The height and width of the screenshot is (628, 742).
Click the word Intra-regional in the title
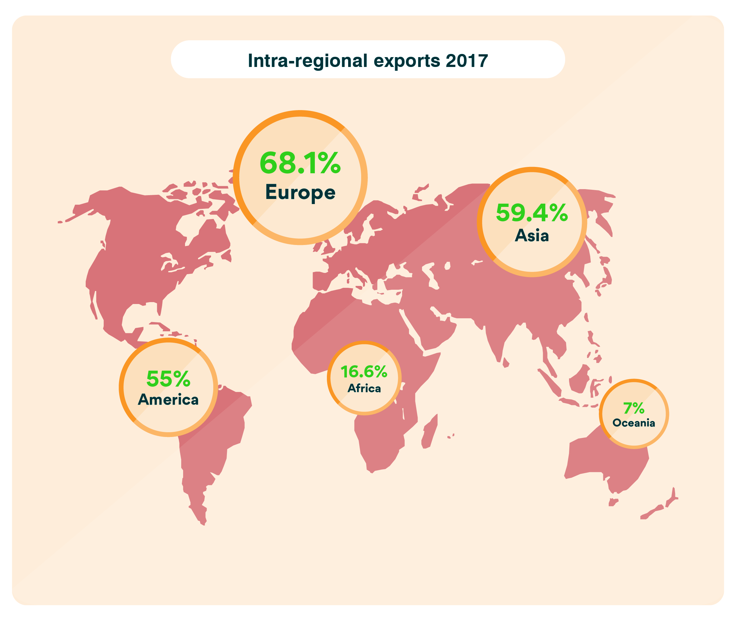click(307, 61)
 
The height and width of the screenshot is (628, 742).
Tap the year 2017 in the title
click(467, 61)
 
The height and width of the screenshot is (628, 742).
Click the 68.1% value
click(300, 163)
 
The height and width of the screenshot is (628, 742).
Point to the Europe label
click(300, 193)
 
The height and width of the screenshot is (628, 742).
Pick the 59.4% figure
click(532, 213)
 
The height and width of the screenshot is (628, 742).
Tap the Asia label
click(532, 236)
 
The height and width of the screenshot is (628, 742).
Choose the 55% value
click(169, 379)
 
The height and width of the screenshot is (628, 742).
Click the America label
click(169, 400)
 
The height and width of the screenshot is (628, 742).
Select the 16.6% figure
click(364, 372)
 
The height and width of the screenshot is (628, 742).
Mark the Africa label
click(364, 388)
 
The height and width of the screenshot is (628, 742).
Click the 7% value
click(634, 408)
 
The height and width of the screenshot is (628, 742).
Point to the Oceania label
click(634, 423)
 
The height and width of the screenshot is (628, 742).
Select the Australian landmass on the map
click(602, 459)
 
